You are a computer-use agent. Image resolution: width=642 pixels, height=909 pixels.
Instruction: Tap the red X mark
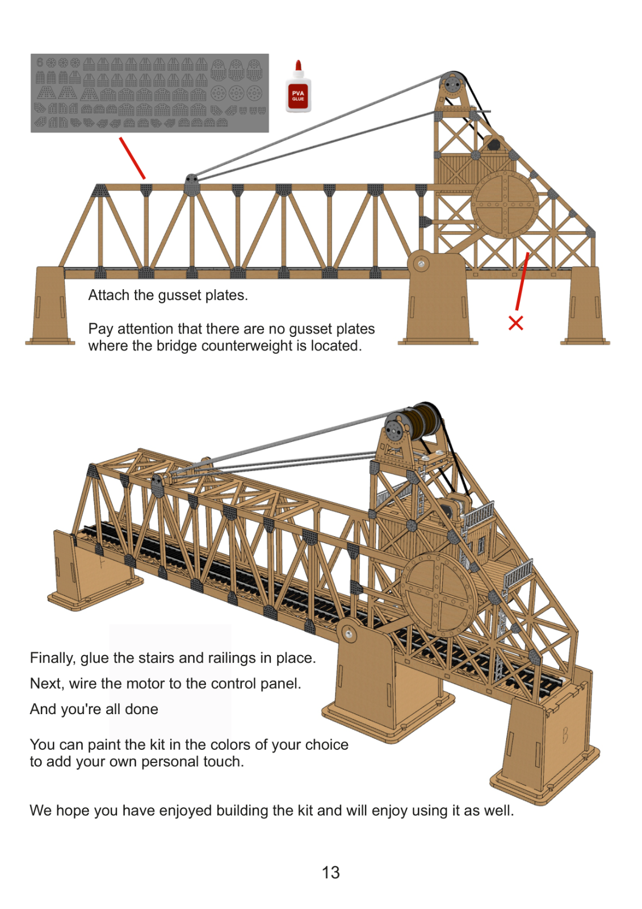tap(515, 323)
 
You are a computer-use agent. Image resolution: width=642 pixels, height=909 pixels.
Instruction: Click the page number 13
tap(330, 872)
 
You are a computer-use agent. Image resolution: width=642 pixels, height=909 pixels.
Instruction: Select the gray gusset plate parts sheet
tap(149, 93)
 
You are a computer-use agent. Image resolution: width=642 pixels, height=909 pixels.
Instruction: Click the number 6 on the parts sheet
tap(40, 62)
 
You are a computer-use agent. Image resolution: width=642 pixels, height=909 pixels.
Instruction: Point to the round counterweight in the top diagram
tap(504, 204)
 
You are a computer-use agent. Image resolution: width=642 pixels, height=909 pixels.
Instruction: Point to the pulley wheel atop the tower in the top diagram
tap(452, 86)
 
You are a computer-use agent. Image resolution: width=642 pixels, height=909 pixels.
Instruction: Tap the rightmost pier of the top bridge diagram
tap(585, 307)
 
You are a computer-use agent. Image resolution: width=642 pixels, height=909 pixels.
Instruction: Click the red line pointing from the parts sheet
tap(132, 158)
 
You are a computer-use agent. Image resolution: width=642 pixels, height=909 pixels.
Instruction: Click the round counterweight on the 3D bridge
tap(438, 593)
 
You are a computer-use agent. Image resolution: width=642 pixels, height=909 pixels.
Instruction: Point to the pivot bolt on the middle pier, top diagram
tap(421, 264)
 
